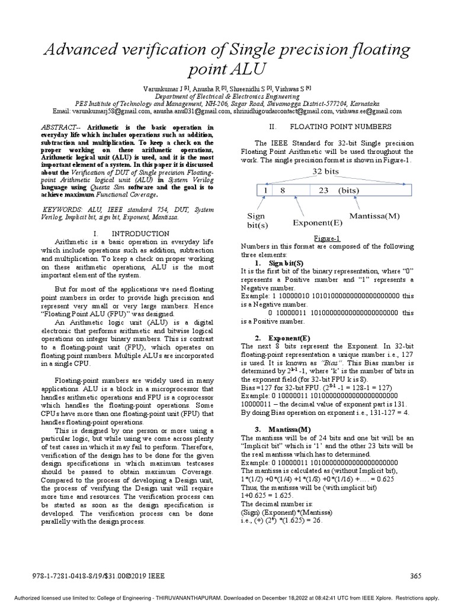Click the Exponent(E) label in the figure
[317, 223]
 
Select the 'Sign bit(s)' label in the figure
[257, 221]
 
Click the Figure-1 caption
[331, 238]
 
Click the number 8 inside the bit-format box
[283, 191]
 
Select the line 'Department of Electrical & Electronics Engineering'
[227, 96]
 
